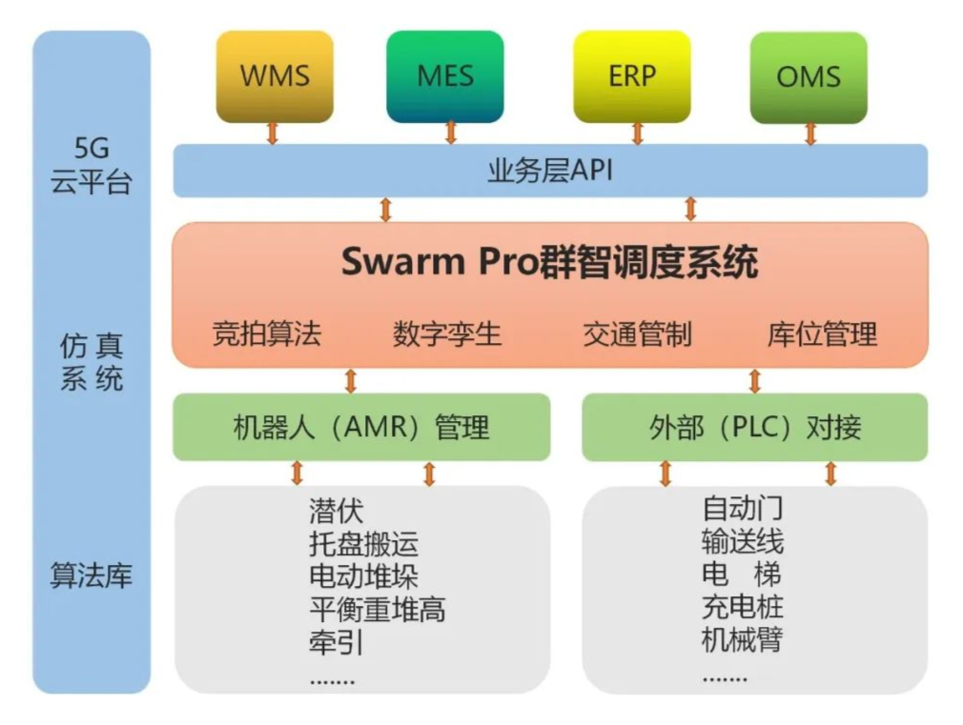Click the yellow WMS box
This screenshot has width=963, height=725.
click(275, 76)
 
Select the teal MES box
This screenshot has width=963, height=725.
click(445, 76)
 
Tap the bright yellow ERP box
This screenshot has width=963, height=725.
click(632, 76)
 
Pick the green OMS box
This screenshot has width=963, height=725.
click(809, 76)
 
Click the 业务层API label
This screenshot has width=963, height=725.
click(550, 171)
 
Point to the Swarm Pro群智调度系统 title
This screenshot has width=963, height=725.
click(550, 262)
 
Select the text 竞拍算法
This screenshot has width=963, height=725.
click(267, 334)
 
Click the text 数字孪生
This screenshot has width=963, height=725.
click(447, 334)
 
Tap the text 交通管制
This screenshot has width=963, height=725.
click(637, 334)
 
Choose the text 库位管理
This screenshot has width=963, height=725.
click(822, 334)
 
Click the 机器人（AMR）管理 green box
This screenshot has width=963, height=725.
click(361, 427)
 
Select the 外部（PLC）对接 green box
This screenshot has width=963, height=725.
click(754, 427)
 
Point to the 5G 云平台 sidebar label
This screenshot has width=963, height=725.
click(92, 166)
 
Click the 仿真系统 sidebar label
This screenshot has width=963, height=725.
click(92, 363)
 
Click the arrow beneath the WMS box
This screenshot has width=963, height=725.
click(273, 133)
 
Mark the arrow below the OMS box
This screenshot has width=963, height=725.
click(810, 133)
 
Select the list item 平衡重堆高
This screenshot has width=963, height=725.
click(378, 608)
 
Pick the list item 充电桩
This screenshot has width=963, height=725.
click(743, 607)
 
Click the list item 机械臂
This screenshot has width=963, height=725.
click(743, 638)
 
